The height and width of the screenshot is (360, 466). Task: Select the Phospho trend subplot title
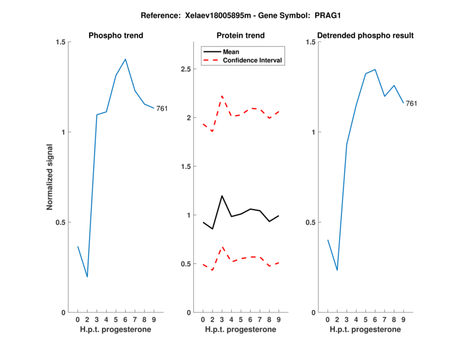click(116, 36)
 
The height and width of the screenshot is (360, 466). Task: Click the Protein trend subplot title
click(241, 36)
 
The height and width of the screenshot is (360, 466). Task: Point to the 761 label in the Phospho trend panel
click(161, 108)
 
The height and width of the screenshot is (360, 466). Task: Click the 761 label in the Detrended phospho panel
click(411, 104)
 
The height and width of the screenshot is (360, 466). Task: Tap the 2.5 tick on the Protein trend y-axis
click(186, 69)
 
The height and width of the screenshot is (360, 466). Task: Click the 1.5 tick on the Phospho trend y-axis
click(61, 42)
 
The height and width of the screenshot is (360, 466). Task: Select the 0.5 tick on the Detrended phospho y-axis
click(310, 223)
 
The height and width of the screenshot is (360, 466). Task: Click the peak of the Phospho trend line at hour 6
click(125, 59)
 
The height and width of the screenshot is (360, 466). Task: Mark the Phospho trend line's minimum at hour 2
click(87, 277)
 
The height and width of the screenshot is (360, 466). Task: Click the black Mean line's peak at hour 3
click(222, 196)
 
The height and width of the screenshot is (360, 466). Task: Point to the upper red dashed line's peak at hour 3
click(222, 96)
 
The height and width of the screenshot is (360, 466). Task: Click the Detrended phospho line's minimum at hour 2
click(337, 270)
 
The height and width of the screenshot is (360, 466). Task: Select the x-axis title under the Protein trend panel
click(241, 330)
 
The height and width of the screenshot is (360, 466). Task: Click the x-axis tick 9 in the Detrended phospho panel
click(404, 320)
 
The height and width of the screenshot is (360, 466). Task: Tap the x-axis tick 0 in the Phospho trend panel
click(77, 320)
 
